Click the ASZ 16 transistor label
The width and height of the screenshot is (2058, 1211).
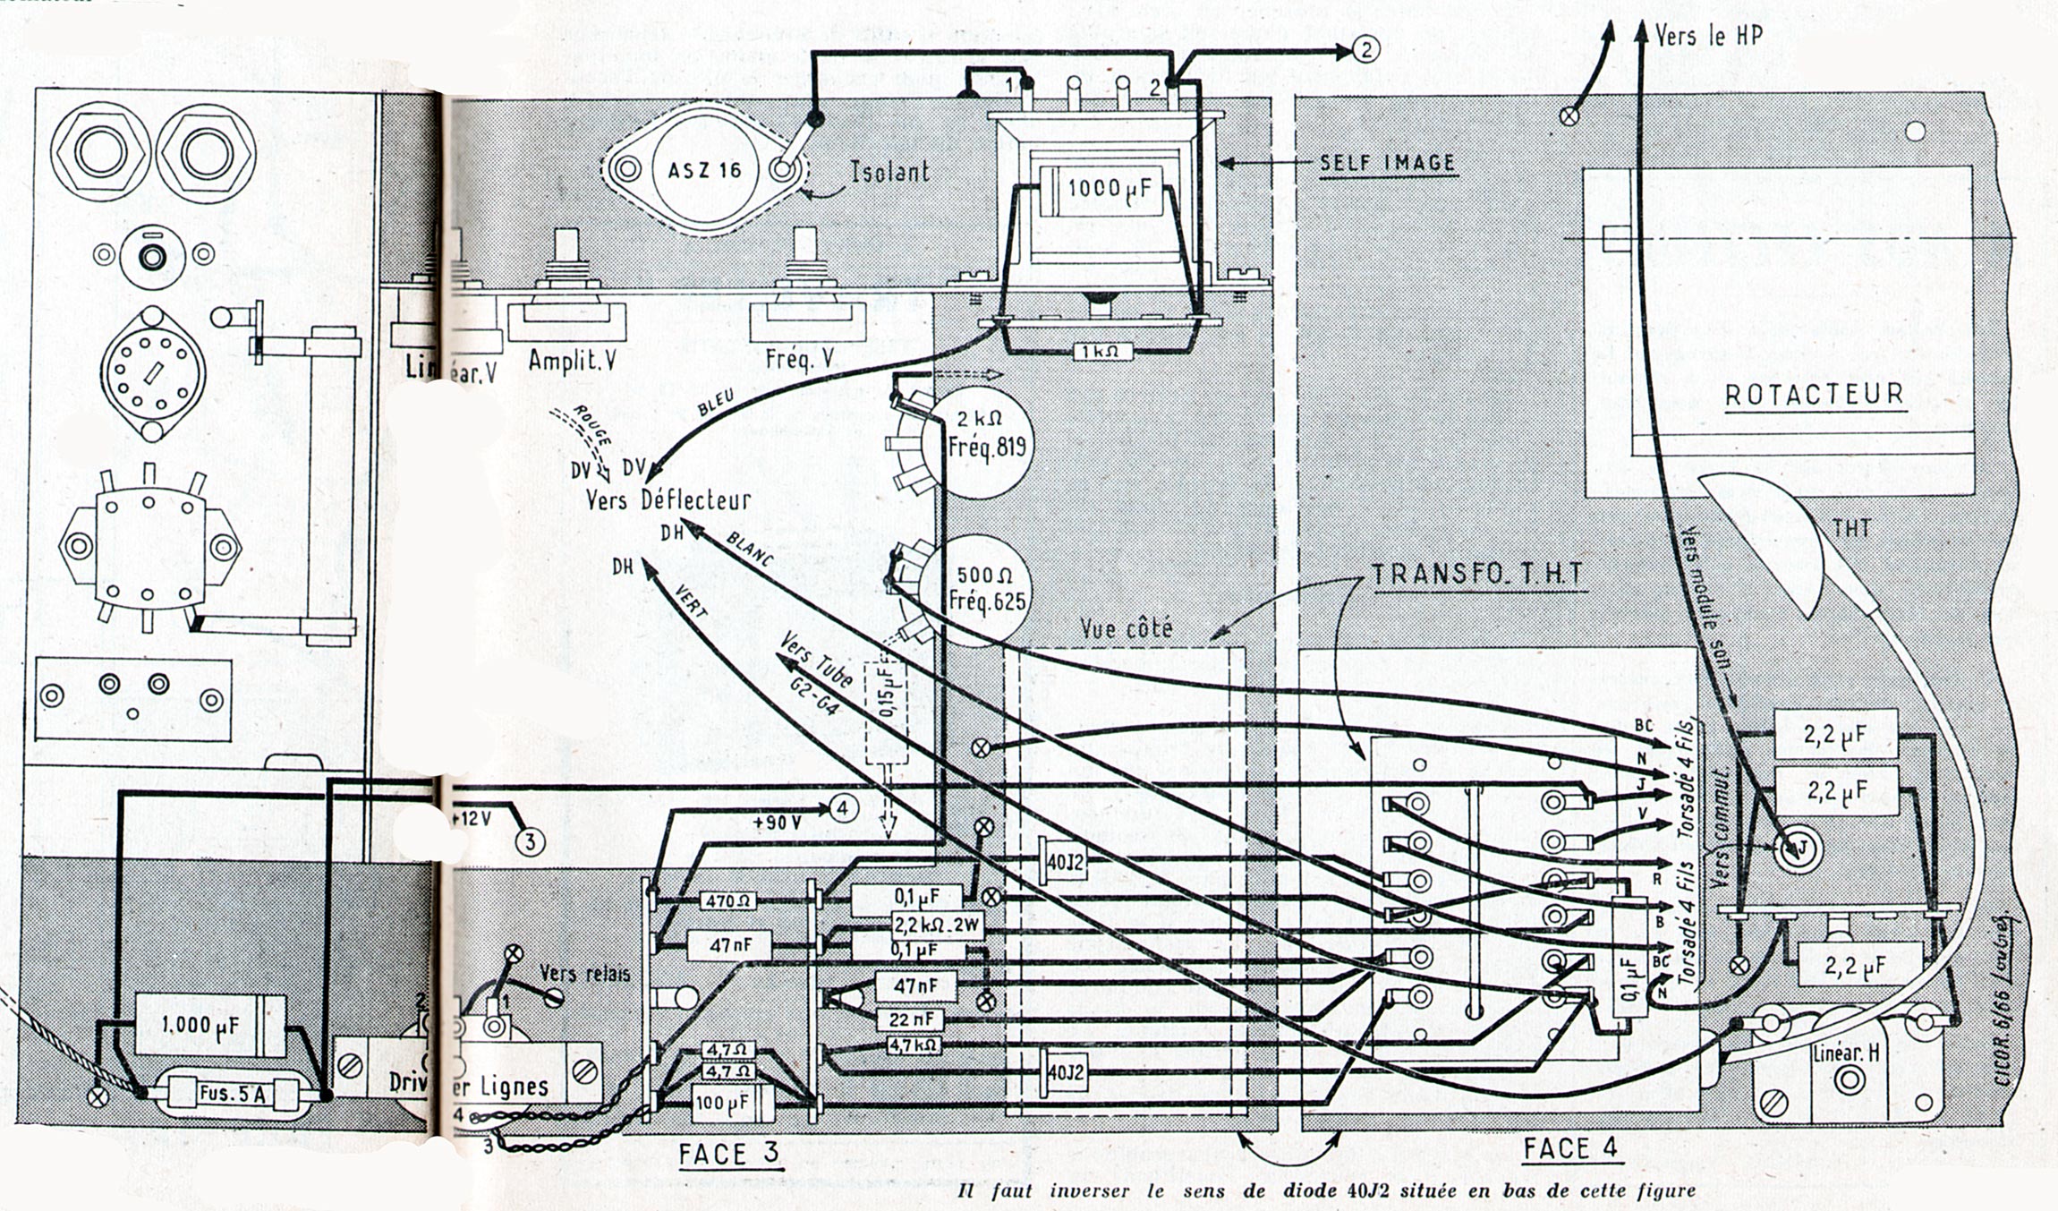(705, 169)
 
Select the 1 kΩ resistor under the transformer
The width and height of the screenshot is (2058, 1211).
(1101, 352)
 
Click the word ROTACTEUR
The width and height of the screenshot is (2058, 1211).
(1814, 395)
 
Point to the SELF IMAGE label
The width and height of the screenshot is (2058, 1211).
(1387, 164)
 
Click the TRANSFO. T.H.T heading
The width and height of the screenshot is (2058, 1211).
(1478, 575)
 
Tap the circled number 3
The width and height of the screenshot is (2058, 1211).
(530, 841)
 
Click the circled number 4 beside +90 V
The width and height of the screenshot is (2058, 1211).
(841, 808)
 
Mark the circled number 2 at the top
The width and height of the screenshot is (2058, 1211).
(1366, 50)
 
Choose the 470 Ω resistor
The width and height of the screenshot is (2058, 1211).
(727, 901)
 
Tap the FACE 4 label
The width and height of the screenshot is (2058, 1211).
(1570, 1148)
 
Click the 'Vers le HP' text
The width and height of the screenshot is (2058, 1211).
(1708, 36)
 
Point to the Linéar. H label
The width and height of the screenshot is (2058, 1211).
(1844, 1054)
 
